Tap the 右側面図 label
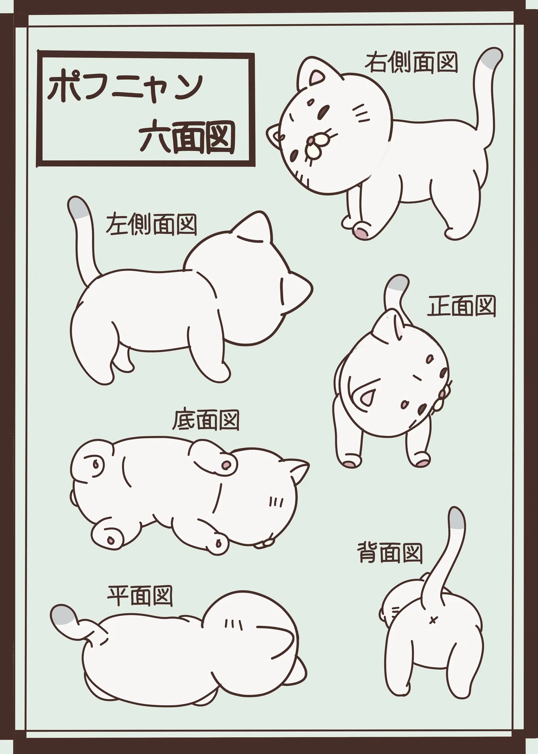[x=411, y=62]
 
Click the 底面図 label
[x=205, y=420]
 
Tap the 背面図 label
[x=390, y=553]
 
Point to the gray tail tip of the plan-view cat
[x=64, y=615]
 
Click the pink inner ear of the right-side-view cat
[x=317, y=78]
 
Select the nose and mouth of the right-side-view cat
[x=317, y=143]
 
